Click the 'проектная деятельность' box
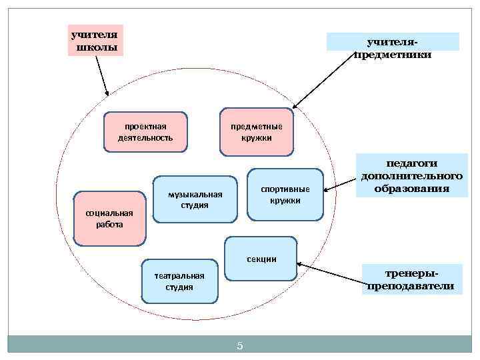click(145, 131)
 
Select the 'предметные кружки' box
click(257, 131)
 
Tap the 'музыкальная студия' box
click(195, 199)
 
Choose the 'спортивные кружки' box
click(285, 194)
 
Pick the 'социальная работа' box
click(109, 218)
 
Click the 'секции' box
click(261, 258)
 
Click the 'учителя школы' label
click(96, 40)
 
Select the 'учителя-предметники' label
click(393, 47)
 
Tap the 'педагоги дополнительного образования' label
click(411, 175)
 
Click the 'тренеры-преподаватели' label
click(410, 279)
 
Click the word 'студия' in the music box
click(195, 205)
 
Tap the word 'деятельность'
click(145, 137)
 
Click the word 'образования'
click(411, 189)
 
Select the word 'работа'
click(109, 224)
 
